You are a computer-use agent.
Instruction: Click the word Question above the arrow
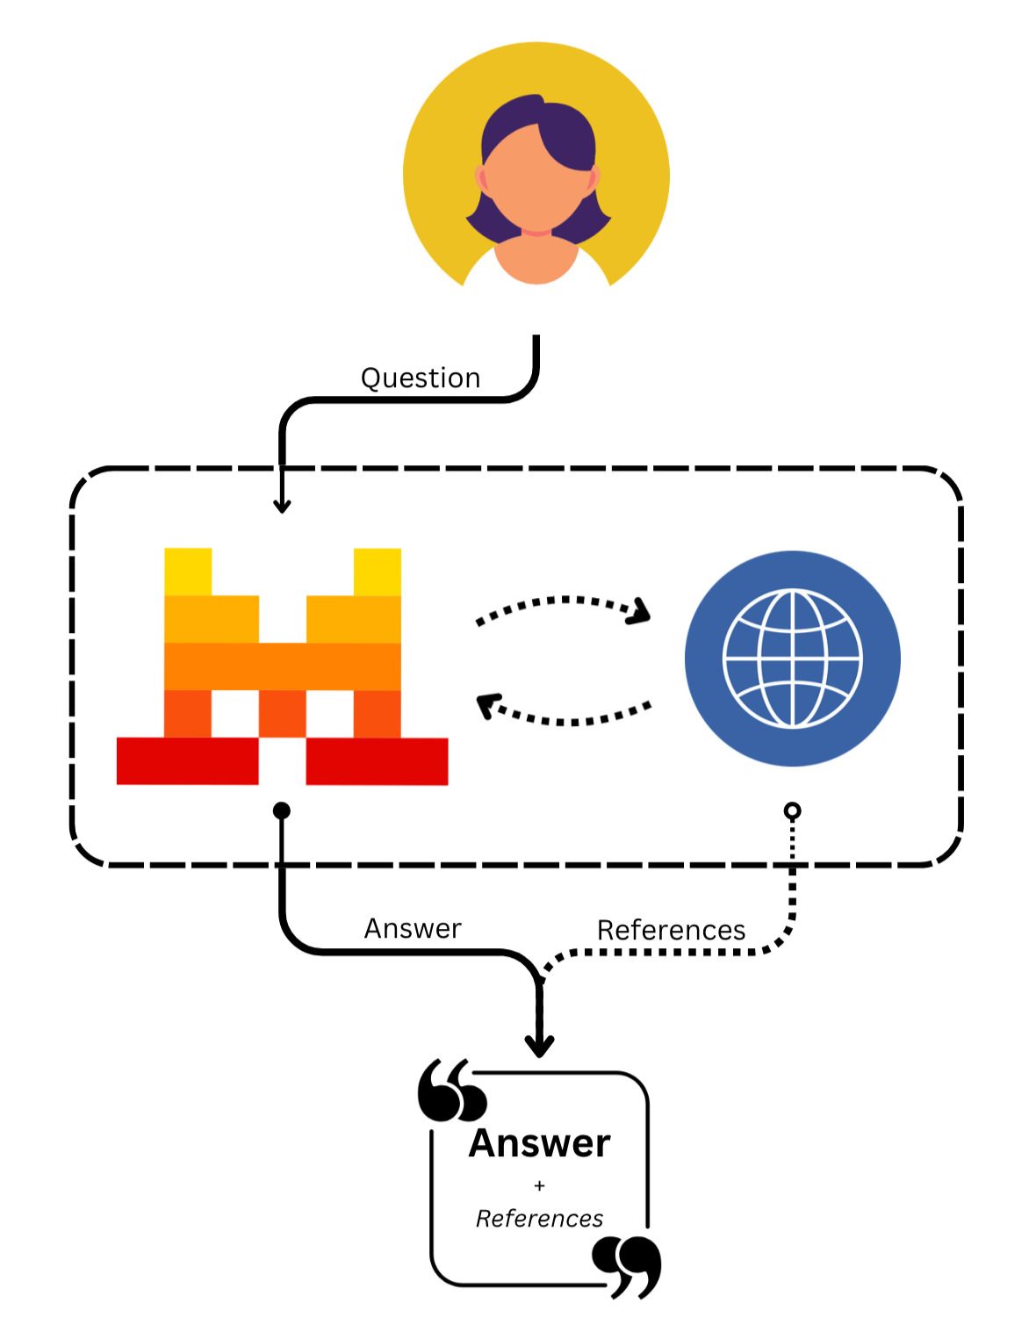421,378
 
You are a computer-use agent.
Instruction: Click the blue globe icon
792,659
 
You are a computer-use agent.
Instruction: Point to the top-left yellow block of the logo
188,572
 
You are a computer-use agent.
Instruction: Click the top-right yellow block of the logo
378,572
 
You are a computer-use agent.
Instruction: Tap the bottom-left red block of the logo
187,760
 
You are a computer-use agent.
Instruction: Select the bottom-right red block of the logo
377,760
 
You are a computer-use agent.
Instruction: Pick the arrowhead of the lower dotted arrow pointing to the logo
487,705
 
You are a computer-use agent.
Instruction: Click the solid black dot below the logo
282,810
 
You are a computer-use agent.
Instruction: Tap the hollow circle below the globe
792,810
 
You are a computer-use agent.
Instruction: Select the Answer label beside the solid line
413,928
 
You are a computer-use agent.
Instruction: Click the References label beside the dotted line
671,930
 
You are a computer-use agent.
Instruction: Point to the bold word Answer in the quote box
539,1143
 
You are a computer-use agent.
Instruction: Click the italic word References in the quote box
539,1219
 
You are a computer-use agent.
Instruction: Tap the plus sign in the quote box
539,1185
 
